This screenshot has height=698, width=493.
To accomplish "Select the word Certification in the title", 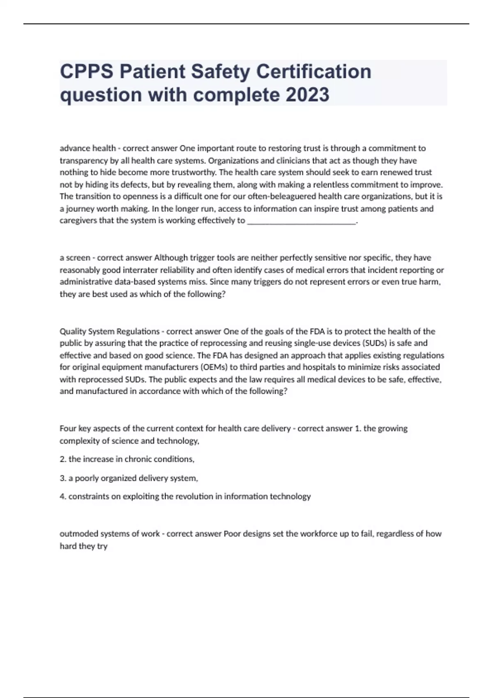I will (x=314, y=71).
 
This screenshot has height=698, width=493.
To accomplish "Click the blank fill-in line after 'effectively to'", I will (x=302, y=221).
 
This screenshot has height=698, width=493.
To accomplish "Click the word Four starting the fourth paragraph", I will (x=67, y=429).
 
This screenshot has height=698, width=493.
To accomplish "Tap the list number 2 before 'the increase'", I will (x=63, y=459).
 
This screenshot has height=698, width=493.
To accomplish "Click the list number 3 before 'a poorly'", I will (x=63, y=478).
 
